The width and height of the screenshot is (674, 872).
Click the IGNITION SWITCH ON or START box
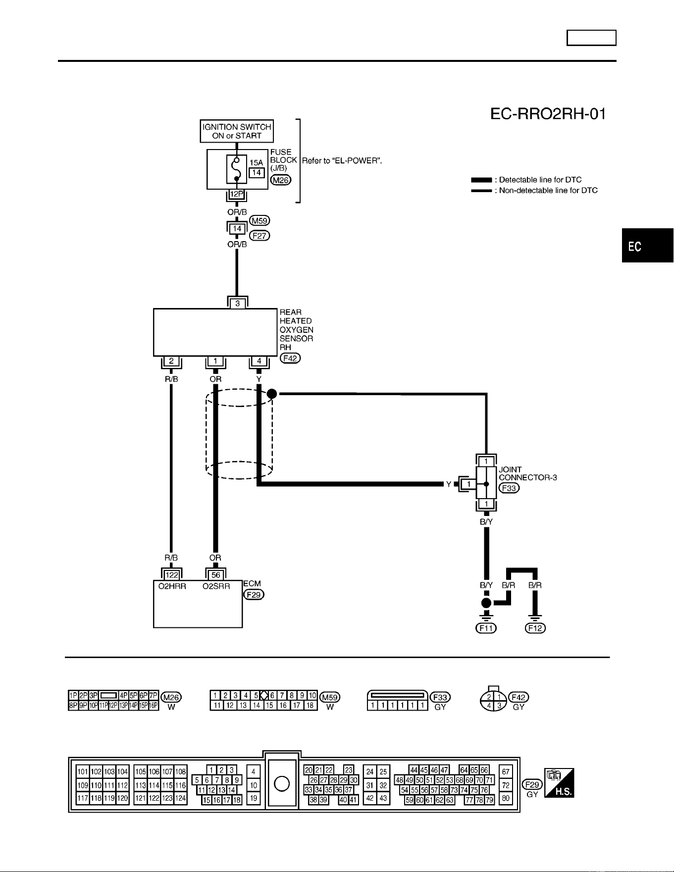pos(237,131)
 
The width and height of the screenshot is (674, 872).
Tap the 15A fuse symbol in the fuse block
pos(237,169)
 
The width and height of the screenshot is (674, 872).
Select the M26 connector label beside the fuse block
pos(281,180)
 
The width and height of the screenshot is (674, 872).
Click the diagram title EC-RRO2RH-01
pos(548,114)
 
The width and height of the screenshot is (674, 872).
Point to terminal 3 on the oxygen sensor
pos(238,304)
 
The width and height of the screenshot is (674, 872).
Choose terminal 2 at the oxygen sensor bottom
pos(171,361)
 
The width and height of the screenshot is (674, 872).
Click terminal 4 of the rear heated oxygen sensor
pos(259,361)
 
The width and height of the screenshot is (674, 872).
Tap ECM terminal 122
pos(172,575)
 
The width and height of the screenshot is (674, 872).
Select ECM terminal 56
pos(216,575)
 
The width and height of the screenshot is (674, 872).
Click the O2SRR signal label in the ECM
pos(216,586)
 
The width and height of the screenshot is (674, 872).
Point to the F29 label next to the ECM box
pos(254,595)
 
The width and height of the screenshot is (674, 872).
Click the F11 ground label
pos(486,628)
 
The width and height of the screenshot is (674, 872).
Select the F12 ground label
pos(535,628)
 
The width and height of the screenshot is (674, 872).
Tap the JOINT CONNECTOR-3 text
pos(528,473)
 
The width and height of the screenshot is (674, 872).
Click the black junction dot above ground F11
pos(486,603)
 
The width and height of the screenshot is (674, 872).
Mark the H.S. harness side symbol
pos(559,783)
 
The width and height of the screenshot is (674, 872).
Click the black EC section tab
pos(648,246)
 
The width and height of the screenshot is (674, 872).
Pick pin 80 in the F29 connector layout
pos(506,798)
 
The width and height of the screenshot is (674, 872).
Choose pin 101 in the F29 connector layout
pos(83,771)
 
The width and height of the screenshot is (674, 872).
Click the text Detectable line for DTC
pos(540,180)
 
